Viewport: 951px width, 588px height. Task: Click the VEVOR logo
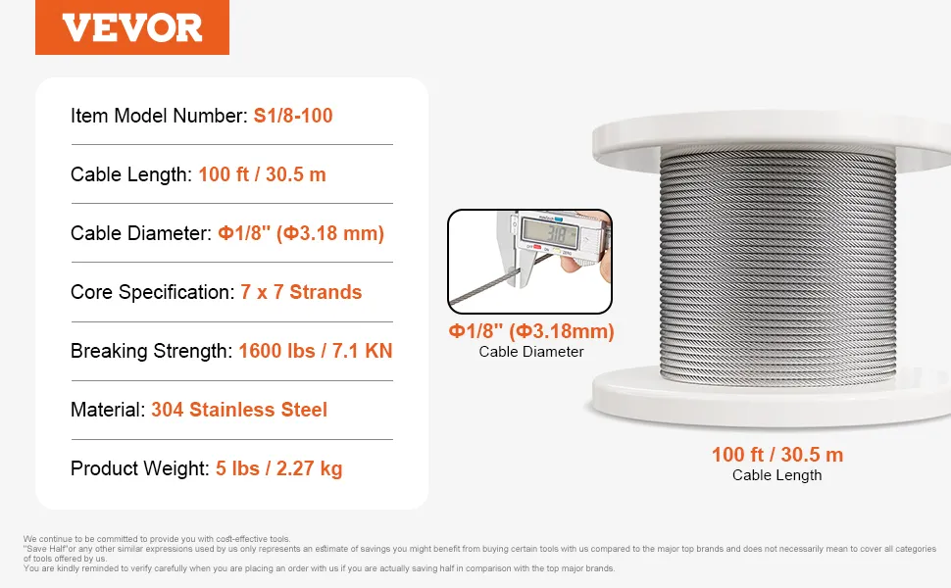click(132, 27)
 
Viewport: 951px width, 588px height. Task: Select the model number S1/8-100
click(293, 116)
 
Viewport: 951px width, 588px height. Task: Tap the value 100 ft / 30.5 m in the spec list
click(262, 174)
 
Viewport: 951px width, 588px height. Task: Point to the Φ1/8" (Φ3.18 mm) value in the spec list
click(301, 233)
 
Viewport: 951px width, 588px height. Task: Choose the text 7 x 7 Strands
click(301, 292)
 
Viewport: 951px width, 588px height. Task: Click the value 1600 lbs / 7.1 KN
click(316, 351)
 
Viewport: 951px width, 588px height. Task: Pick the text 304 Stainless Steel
click(239, 410)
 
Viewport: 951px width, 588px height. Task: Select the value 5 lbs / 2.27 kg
click(279, 468)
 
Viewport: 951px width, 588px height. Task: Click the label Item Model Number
click(159, 116)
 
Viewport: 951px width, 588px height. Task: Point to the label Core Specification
click(152, 292)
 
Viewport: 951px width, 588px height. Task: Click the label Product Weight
click(139, 468)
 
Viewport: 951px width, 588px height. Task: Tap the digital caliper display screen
click(549, 231)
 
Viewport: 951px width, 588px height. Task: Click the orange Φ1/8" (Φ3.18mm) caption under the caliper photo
click(531, 331)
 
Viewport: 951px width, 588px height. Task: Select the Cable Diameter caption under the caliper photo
click(531, 352)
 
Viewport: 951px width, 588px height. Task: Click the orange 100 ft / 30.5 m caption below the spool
click(777, 455)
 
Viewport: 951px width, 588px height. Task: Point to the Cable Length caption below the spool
click(776, 475)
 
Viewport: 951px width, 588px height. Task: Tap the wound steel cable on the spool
click(777, 267)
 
